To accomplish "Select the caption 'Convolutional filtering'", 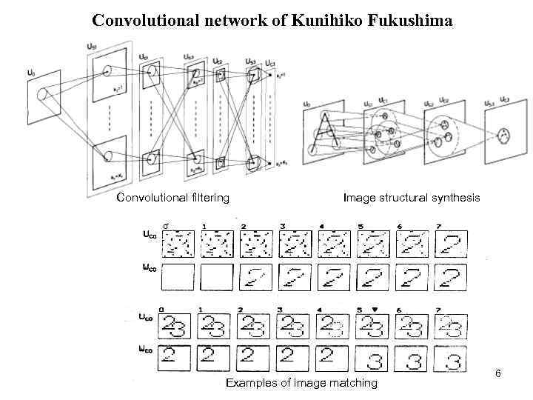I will [173, 198].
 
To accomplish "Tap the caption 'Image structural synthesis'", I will [412, 198].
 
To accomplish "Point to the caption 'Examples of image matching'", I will [301, 383].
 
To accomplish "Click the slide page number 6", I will [498, 373].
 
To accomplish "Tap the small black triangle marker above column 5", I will [376, 308].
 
